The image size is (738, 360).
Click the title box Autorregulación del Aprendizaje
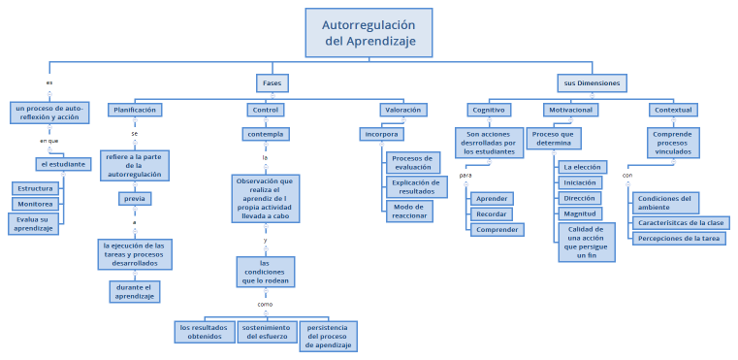click(369, 32)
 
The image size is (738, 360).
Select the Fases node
click(272, 83)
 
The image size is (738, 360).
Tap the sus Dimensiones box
click(592, 83)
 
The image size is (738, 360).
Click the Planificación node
click(135, 110)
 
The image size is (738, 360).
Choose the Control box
click(264, 110)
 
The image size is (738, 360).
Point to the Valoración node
click(401, 110)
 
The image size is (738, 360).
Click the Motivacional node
click(571, 110)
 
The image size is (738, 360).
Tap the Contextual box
click(673, 110)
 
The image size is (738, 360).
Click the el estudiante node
click(63, 164)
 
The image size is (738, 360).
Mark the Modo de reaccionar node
click(409, 211)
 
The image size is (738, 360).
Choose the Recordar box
click(492, 213)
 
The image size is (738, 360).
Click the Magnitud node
click(581, 213)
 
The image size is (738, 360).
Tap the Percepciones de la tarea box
click(679, 238)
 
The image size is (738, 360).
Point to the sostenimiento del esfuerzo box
click(267, 332)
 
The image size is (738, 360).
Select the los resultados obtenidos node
click(205, 332)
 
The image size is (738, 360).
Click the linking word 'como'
click(265, 304)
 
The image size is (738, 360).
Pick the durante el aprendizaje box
click(135, 291)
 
